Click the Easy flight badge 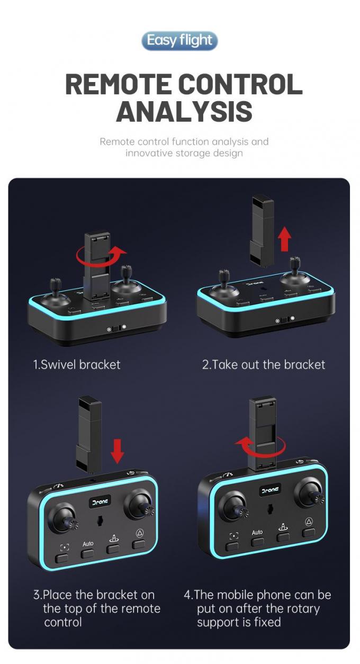(x=179, y=41)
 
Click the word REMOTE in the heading (x=118, y=84)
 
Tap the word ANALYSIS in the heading (x=184, y=111)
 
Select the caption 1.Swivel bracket (x=76, y=364)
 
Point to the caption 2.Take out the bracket (x=264, y=364)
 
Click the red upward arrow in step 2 (x=285, y=239)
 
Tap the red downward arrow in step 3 (x=118, y=452)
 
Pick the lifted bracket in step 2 (x=262, y=231)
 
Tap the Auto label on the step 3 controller (x=88, y=544)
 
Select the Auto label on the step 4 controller (x=257, y=532)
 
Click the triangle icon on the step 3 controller (x=140, y=534)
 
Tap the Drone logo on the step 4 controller (x=269, y=490)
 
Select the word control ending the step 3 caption (x=63, y=622)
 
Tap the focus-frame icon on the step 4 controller (x=233, y=536)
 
